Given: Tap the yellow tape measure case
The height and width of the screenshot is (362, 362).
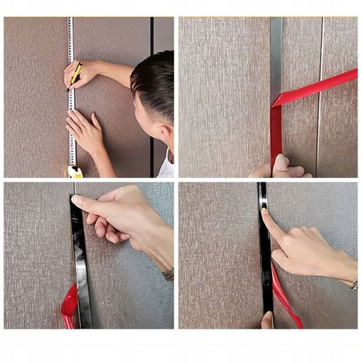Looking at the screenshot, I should (75, 172).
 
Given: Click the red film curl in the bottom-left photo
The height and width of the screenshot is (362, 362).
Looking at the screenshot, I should (69, 308).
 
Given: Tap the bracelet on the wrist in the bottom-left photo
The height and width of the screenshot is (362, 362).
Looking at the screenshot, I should (168, 275).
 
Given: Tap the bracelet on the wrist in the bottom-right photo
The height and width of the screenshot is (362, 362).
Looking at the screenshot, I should (353, 285).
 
